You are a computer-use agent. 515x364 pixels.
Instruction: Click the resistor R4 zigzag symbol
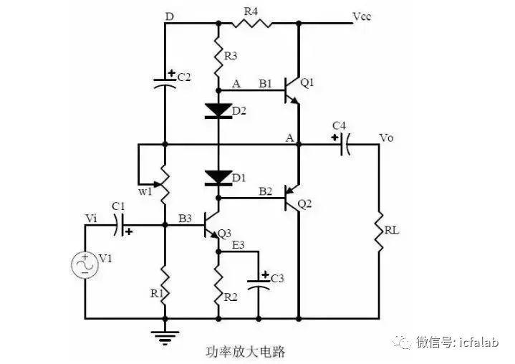(252, 24)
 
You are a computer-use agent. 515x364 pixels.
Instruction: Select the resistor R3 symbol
(218, 56)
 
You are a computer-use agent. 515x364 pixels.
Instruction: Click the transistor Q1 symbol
(292, 90)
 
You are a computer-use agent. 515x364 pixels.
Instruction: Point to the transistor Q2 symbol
(292, 198)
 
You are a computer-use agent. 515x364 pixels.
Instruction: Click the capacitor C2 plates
(165, 83)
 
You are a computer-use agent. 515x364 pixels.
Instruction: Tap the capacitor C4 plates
(345, 144)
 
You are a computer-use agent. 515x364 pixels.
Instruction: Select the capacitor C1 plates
(120, 225)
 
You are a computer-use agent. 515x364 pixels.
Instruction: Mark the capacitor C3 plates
(259, 284)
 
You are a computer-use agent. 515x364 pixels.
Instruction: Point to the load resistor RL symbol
(380, 232)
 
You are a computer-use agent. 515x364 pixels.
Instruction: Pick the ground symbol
(165, 337)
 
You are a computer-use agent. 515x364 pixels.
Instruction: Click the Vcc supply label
(362, 16)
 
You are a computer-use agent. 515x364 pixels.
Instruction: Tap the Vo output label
(386, 138)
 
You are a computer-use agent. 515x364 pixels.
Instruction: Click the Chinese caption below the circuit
(245, 352)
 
